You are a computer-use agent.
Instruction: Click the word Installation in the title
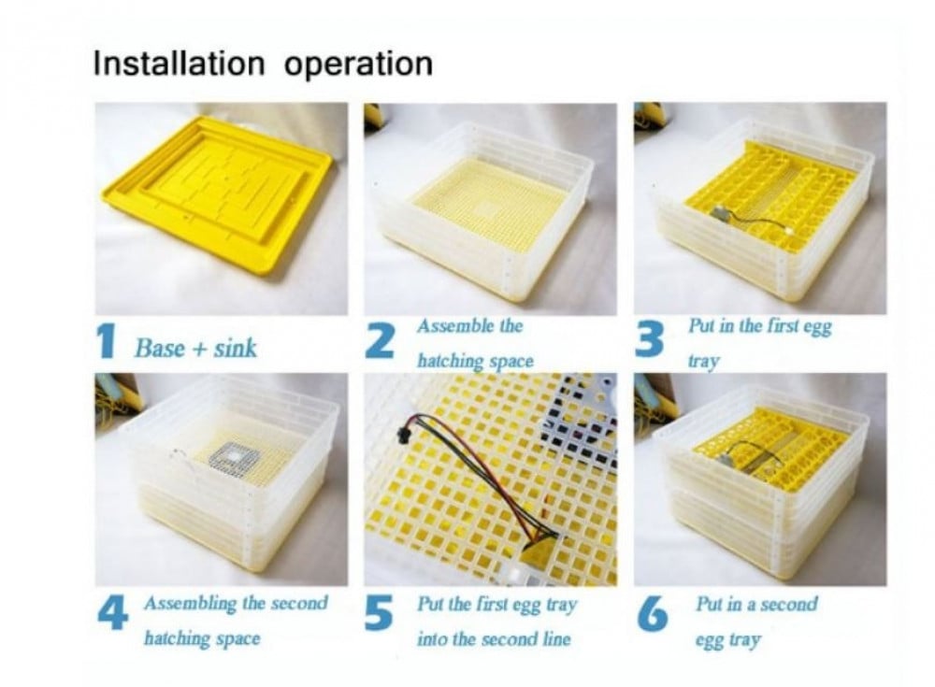[x=179, y=64]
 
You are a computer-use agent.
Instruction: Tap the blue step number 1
[x=108, y=340]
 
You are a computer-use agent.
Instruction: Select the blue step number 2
[x=380, y=340]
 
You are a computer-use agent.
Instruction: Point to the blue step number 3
[x=650, y=338]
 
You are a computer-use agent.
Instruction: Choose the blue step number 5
[x=380, y=612]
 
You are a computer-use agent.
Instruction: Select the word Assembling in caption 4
[x=190, y=603]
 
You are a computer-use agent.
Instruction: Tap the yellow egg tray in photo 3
[x=773, y=195]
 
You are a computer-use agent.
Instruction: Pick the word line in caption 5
[x=555, y=639]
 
